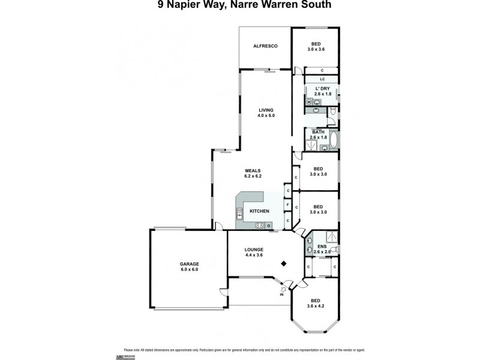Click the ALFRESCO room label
click(x=264, y=46)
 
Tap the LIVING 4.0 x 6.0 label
click(x=266, y=112)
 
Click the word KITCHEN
click(x=259, y=211)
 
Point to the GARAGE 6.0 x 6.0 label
click(x=189, y=267)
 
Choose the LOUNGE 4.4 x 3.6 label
click(x=254, y=251)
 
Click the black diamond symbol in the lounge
click(x=285, y=263)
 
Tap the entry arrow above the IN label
click(x=283, y=287)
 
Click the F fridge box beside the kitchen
click(x=288, y=206)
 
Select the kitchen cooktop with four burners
click(x=260, y=225)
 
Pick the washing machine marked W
click(x=310, y=102)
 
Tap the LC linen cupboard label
click(x=322, y=79)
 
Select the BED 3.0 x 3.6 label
click(x=315, y=46)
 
